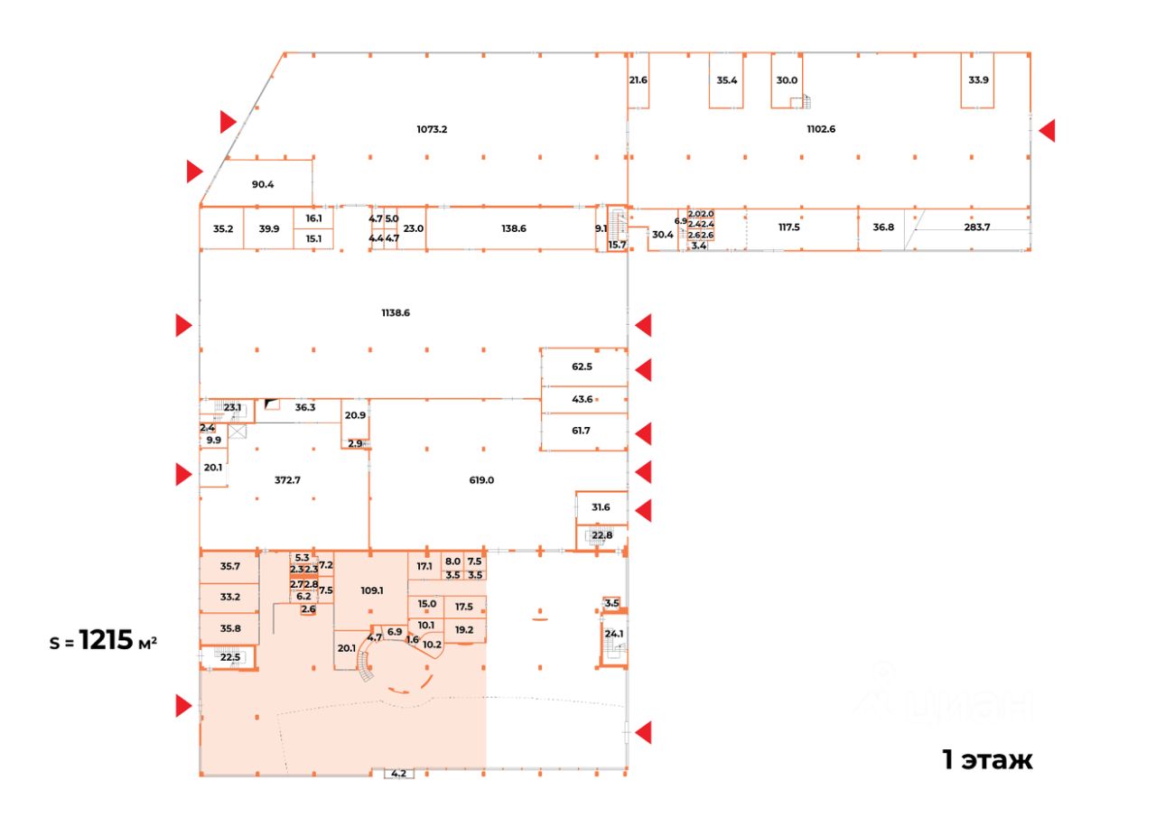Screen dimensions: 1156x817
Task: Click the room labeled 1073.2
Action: tap(432, 129)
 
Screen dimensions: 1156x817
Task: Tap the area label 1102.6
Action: tap(821, 129)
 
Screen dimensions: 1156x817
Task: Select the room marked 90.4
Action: tap(263, 185)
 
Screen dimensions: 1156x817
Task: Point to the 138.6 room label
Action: tap(513, 229)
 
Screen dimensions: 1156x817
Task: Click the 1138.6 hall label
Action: tap(396, 313)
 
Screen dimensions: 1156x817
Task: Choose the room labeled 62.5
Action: tap(582, 367)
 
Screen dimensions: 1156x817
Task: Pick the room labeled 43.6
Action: tap(582, 399)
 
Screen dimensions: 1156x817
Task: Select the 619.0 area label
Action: tap(481, 480)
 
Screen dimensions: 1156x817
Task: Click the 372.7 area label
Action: tap(287, 480)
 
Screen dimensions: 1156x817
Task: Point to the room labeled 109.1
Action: tap(371, 590)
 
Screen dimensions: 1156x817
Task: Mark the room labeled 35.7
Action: tap(230, 567)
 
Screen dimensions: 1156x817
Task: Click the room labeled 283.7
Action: tap(977, 227)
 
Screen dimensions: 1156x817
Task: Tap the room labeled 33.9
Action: tap(978, 79)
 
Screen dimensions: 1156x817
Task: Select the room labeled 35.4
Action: tap(727, 79)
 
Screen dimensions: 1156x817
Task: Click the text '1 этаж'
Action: tap(987, 760)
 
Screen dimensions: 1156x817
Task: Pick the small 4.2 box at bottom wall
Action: tap(398, 773)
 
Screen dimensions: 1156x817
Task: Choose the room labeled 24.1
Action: tap(614, 634)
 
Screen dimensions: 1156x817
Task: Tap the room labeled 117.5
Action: tap(789, 227)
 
